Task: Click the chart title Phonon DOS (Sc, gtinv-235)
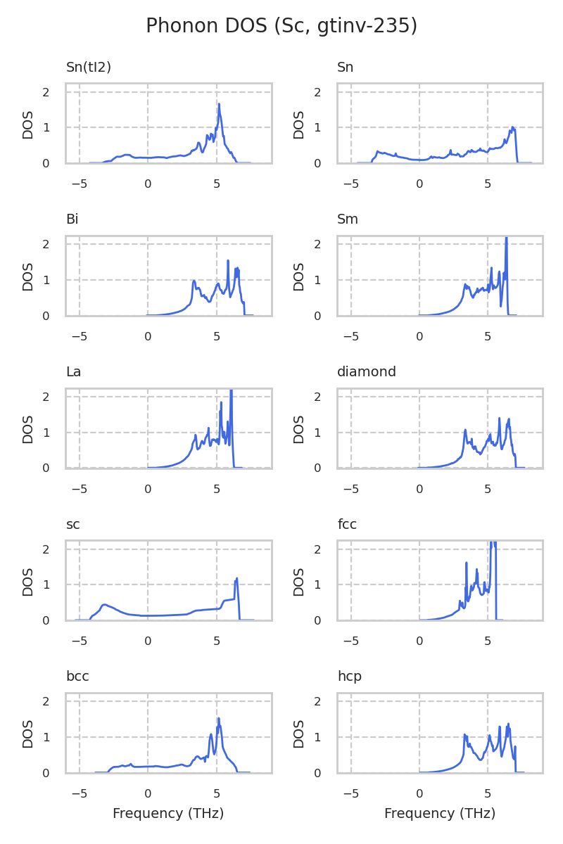(x=281, y=26)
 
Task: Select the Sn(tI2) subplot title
(x=89, y=68)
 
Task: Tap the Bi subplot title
(x=72, y=219)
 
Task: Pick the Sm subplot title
(x=348, y=219)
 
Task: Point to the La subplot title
(x=73, y=372)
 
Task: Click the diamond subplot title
(x=366, y=372)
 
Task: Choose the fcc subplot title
(x=347, y=525)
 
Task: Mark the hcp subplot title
(x=349, y=677)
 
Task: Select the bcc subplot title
(x=77, y=677)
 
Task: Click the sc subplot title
(x=72, y=525)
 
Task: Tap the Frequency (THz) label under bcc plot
(x=168, y=814)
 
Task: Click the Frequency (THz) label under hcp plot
(x=440, y=814)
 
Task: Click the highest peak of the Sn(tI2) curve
(x=219, y=104)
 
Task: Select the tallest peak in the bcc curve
(x=219, y=719)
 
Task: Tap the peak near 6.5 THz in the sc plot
(x=236, y=578)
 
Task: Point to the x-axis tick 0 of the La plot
(x=148, y=489)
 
